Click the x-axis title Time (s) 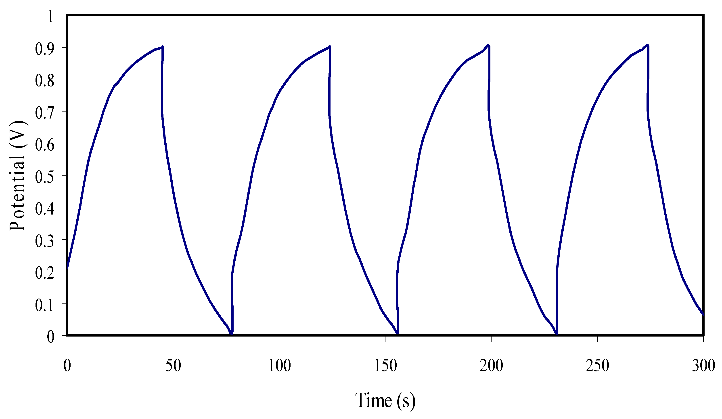pos(385,400)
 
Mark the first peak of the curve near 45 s pos(162,46)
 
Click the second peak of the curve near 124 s pos(330,46)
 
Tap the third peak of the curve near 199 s pos(488,45)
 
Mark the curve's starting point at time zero pos(67,268)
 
